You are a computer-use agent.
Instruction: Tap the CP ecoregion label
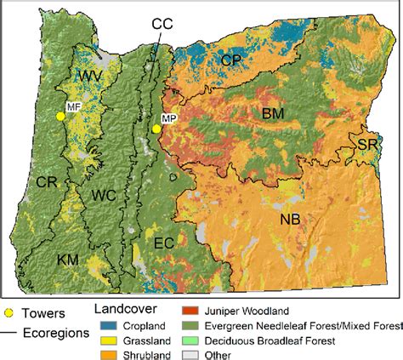click(232, 60)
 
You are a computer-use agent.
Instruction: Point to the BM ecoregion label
click(273, 113)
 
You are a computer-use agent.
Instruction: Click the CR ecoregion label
click(46, 181)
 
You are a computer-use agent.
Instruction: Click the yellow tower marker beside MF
click(60, 117)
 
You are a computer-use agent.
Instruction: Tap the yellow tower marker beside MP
click(156, 129)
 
